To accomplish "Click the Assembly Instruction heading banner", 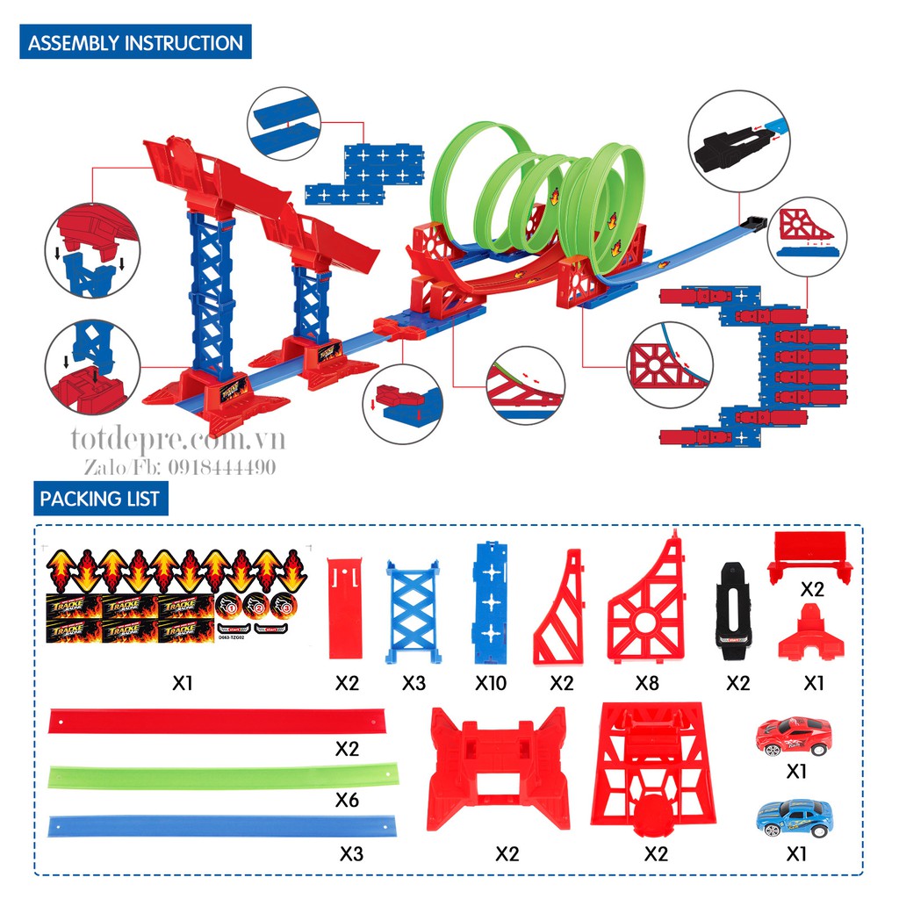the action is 135,43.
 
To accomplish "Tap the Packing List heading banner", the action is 99,499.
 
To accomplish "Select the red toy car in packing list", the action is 793,734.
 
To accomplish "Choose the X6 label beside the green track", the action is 348,800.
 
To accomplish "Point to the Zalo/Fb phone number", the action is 180,467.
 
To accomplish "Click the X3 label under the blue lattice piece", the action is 414,682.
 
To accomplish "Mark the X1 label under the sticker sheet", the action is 182,682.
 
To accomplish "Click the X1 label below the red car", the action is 796,771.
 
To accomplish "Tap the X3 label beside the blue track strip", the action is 350,852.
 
